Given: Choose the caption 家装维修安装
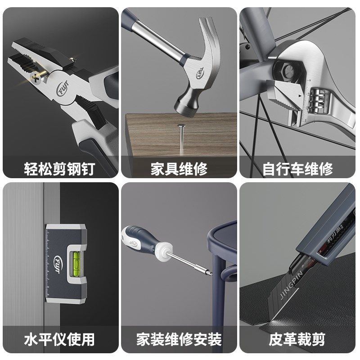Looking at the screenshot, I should (x=179, y=338).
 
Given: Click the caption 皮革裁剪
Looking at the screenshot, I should (x=298, y=338).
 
